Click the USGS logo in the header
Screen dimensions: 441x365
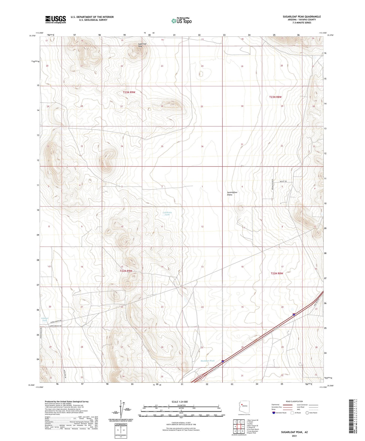click(56, 19)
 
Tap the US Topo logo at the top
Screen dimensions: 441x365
click(181, 21)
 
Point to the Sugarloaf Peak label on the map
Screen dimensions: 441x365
click(142, 45)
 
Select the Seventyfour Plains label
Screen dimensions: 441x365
click(232, 193)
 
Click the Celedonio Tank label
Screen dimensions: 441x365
click(167, 213)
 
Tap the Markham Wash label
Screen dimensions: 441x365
click(208, 361)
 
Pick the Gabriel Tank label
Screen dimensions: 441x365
click(44, 319)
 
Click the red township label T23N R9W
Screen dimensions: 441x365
click(129, 92)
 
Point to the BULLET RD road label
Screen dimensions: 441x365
click(283, 181)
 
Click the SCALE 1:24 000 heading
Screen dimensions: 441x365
click(180, 402)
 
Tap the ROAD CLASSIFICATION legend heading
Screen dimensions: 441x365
click(294, 401)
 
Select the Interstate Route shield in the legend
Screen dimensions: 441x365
click(274, 413)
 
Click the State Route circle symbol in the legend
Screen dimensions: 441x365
click(307, 413)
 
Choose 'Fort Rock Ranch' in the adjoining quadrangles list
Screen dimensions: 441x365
click(253, 429)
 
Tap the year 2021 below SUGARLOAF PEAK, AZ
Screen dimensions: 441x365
click(294, 436)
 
